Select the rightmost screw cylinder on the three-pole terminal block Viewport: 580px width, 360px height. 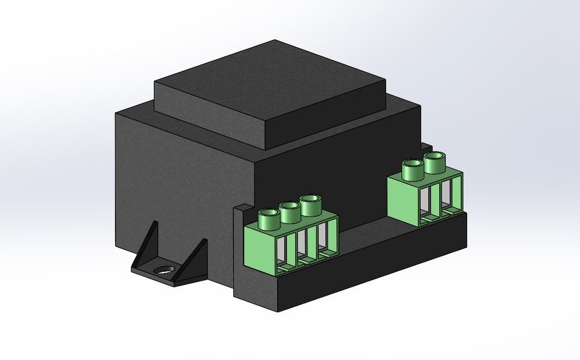tap(311, 204)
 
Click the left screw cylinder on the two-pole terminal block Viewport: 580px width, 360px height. tap(412, 169)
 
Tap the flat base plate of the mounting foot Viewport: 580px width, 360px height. tap(175, 278)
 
